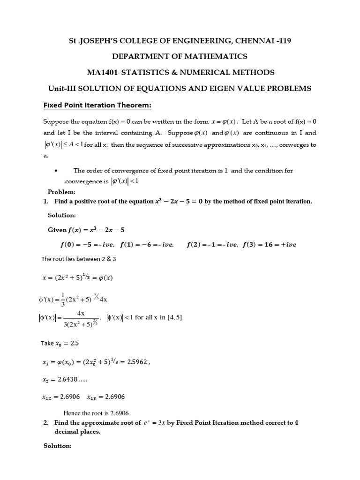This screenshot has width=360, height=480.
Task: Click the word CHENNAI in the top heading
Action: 248,41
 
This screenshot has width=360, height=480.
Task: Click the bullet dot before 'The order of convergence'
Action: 56,171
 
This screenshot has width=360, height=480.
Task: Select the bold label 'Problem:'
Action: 61,192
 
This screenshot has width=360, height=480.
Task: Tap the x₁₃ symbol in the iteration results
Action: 93,397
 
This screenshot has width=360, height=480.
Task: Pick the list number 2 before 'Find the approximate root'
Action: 46,422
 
